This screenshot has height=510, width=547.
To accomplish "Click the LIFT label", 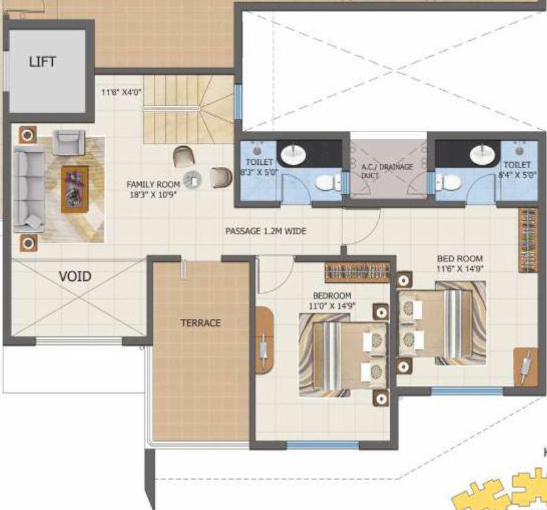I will [42, 61].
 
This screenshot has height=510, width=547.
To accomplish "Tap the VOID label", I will [75, 276].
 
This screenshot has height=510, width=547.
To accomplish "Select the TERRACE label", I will [201, 322].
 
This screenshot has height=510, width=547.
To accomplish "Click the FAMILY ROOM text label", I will [154, 184].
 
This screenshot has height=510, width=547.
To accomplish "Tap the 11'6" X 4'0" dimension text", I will [122, 93].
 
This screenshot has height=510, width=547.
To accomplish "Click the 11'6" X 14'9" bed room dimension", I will [459, 269].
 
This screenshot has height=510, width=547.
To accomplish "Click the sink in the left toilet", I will [292, 156].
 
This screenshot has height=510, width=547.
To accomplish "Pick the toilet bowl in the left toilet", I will [326, 182].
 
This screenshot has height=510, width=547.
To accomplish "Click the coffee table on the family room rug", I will [74, 189].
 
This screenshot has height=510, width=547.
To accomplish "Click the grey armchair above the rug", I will [68, 142].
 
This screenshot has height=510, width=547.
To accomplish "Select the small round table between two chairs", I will [193, 179].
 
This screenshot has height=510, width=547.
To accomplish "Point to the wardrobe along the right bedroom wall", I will [528, 239].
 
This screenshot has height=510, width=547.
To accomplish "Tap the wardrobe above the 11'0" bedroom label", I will [357, 272].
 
